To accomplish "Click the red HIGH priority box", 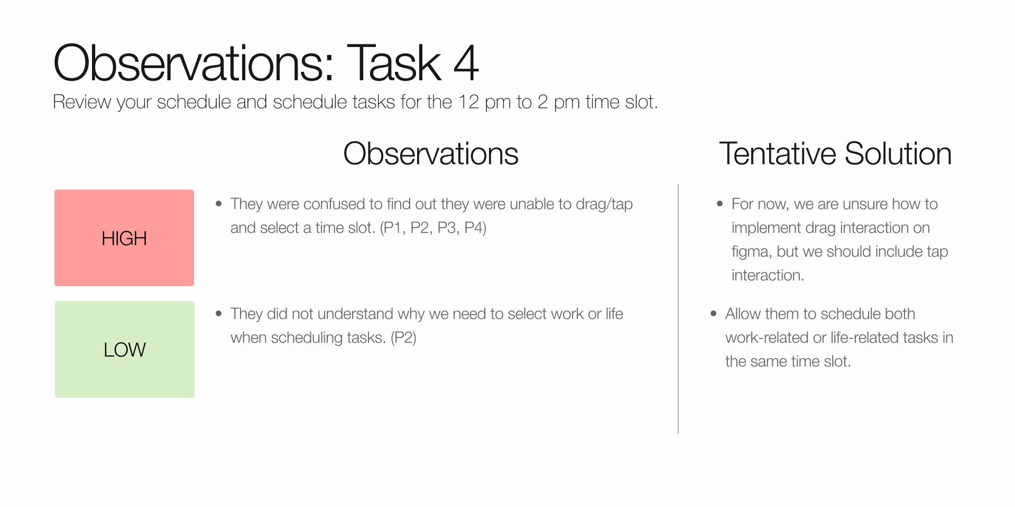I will pos(124,238).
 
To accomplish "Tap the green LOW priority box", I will pos(125,349).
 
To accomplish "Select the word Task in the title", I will pos(394,63).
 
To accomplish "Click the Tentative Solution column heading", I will pos(835,154).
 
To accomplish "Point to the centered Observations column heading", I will pos(431,154).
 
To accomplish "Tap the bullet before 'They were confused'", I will pos(219,204).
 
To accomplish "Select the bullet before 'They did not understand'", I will pos(219,314).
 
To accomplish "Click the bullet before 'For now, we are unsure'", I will pos(719,204).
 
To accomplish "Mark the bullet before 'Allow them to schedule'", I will pos(714,314).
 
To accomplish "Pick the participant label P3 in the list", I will pos(447,228).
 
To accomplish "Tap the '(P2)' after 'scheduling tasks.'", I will pos(403,337).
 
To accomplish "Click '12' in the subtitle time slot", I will pos(468,102).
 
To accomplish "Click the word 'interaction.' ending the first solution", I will pos(768,275).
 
